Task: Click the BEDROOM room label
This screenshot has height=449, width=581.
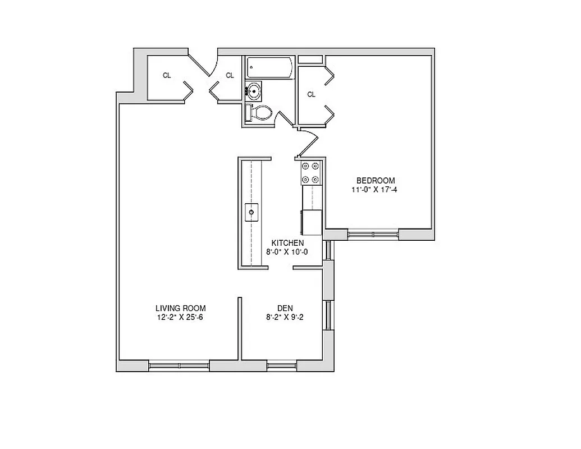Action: [x=376, y=180]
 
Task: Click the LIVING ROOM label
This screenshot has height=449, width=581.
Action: [x=180, y=308]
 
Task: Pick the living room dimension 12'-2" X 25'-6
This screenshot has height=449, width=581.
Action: [x=180, y=318]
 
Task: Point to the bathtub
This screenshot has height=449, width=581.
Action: [x=268, y=68]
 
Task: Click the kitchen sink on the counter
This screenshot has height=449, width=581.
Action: [x=251, y=212]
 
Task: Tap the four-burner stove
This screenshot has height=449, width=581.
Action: [x=311, y=173]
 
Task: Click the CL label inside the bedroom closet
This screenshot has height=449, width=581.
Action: [x=311, y=94]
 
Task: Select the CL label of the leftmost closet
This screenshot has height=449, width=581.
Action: [x=167, y=75]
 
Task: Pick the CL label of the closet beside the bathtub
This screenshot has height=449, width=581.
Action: [x=230, y=75]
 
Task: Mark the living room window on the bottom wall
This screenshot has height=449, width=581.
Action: [x=179, y=366]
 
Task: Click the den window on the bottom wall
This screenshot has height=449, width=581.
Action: [x=282, y=366]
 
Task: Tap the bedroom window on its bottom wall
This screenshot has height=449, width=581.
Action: [x=373, y=233]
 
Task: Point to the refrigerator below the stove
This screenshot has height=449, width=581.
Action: [x=312, y=222]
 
